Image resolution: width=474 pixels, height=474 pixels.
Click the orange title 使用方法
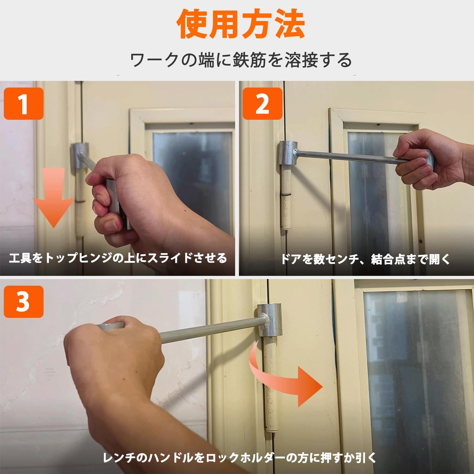(x=241, y=24)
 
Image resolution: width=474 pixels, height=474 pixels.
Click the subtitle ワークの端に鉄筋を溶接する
(x=241, y=60)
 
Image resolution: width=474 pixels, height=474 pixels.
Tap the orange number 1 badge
(x=23, y=104)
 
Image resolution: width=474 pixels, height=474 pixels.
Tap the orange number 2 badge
(x=262, y=104)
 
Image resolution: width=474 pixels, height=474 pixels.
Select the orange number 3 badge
(x=23, y=302)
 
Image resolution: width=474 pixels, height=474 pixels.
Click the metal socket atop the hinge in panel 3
(x=269, y=320)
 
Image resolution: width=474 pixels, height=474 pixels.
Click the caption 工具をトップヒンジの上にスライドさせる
(x=118, y=258)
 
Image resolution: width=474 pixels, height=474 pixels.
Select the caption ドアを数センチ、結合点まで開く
(x=365, y=259)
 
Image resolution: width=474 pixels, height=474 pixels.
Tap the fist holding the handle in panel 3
(x=116, y=367)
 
